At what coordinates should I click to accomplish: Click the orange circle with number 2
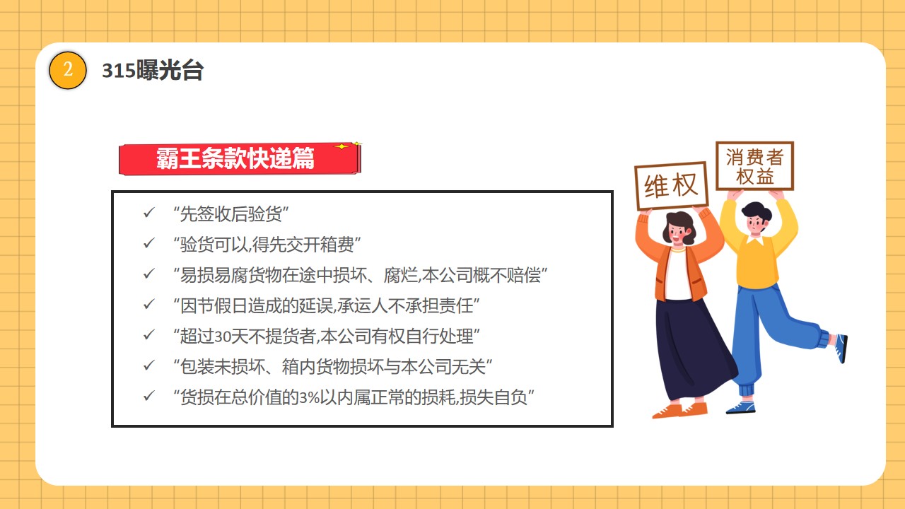[x=67, y=70]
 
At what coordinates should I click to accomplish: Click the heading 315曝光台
[x=152, y=70]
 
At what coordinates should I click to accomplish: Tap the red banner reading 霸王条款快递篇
[x=239, y=158]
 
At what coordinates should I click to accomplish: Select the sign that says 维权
[x=671, y=186]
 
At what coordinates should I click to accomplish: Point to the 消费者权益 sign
[x=754, y=165]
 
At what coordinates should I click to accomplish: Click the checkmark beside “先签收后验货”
[x=149, y=213]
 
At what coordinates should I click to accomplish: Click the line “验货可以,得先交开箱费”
[x=267, y=245]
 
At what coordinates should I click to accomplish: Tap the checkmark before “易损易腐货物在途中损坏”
[x=149, y=274]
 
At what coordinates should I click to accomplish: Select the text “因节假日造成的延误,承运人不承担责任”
[x=327, y=306]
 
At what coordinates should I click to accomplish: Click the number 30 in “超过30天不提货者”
[x=222, y=337]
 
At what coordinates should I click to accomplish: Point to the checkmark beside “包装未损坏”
[x=149, y=365]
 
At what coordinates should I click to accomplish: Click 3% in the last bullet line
[x=310, y=398]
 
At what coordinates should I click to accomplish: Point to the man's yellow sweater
[x=757, y=259]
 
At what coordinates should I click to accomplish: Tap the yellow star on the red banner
[x=341, y=146]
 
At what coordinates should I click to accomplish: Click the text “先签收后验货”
[x=230, y=213]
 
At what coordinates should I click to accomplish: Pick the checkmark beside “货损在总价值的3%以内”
[x=149, y=396]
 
